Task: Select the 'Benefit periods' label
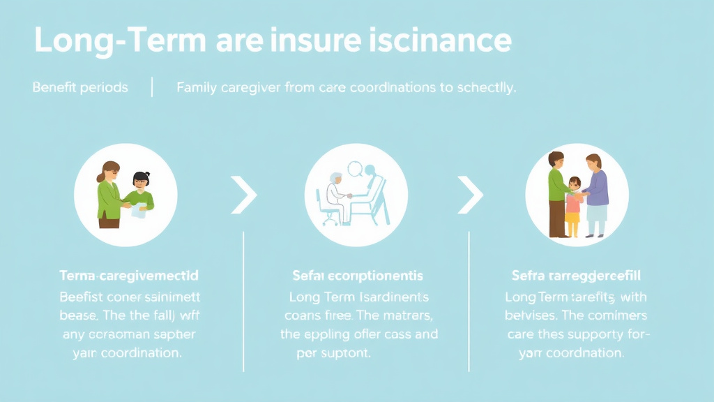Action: [80, 88]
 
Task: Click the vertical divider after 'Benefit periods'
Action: [152, 88]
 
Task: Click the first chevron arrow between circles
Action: [244, 195]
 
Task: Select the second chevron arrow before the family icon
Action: [470, 195]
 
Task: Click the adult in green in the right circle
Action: [556, 192]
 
